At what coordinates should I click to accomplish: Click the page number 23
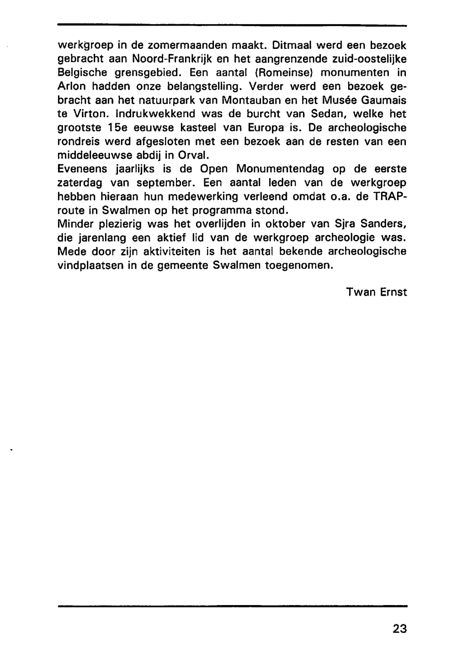click(399, 629)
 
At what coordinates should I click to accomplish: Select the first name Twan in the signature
click(361, 292)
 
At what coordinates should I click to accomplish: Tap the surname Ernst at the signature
click(393, 292)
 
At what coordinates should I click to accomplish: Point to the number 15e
click(117, 128)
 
